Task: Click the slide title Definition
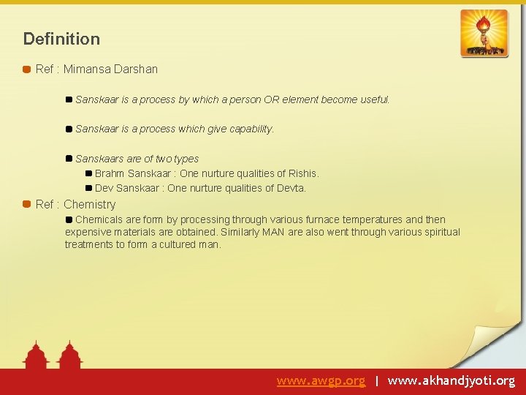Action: tap(61, 39)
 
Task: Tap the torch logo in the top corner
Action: tap(484, 33)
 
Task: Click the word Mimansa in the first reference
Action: tap(86, 69)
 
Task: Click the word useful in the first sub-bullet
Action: tap(373, 99)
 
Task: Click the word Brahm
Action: tap(110, 173)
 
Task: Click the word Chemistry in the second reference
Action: tap(90, 204)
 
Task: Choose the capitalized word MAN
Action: tap(274, 232)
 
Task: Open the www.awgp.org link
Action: tap(321, 381)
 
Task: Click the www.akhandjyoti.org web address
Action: tap(451, 381)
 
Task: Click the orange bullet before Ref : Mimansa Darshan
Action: tap(27, 69)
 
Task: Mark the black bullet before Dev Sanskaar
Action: tap(88, 188)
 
